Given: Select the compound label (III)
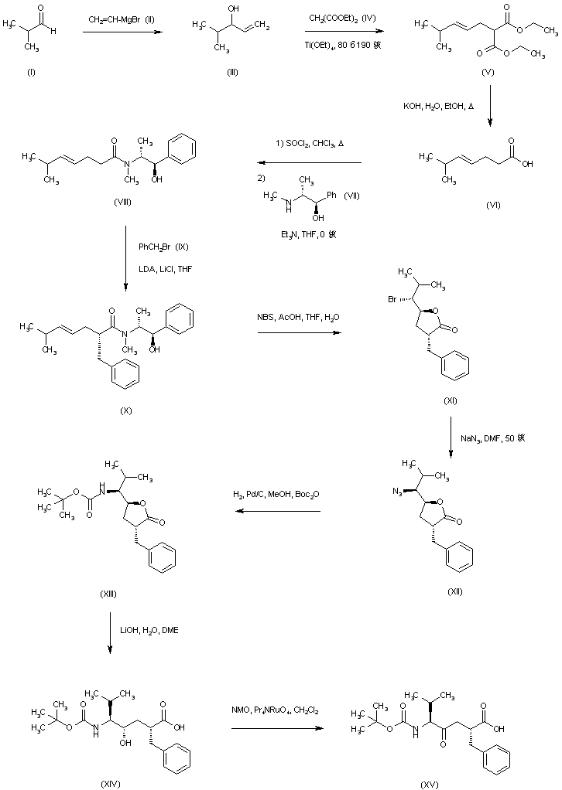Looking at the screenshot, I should [x=231, y=72].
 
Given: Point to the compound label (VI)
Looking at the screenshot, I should [x=492, y=206].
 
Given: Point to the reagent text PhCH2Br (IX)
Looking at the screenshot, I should [x=163, y=247].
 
